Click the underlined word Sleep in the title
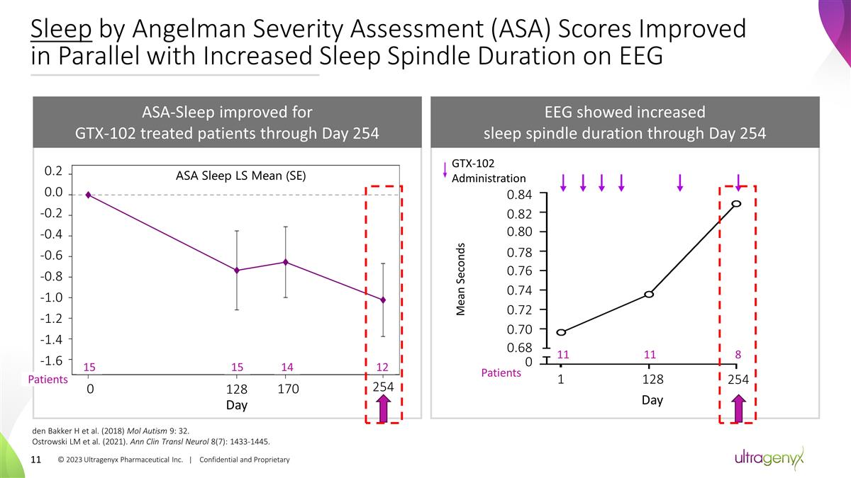(x=60, y=30)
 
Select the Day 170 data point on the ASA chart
(x=285, y=262)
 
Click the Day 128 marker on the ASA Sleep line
(x=237, y=270)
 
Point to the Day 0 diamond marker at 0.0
(x=88, y=194)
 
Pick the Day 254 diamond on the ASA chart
(x=383, y=300)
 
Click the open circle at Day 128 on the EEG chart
(x=649, y=294)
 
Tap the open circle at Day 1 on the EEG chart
(x=561, y=332)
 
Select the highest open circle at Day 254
(x=737, y=203)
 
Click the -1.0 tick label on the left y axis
(x=55, y=297)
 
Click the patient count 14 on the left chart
(x=287, y=367)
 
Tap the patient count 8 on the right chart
(x=738, y=354)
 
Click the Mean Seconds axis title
(x=460, y=280)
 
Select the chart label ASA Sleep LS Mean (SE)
(x=240, y=176)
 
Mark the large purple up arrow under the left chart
(x=383, y=409)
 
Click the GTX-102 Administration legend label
(x=489, y=171)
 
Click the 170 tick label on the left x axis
(x=288, y=389)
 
